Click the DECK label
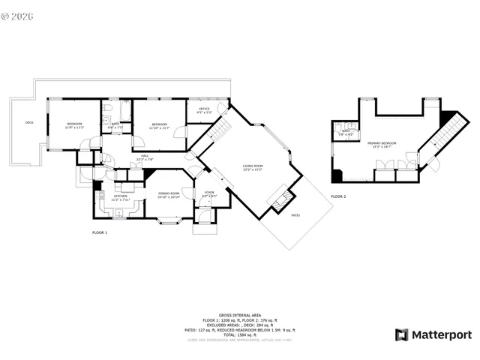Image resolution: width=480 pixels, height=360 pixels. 29,122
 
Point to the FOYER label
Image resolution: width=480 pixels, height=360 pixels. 209,193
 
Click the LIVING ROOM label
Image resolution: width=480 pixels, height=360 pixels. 253,166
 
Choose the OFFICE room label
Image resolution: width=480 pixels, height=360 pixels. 204,110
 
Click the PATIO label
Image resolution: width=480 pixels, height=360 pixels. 295,214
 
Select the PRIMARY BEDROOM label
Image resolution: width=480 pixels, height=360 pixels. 382,144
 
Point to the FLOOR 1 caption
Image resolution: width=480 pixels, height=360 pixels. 100,233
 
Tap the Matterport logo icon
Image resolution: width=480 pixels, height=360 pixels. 401,334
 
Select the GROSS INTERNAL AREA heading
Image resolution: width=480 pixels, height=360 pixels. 239,316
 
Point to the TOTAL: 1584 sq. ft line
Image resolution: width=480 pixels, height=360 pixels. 239,334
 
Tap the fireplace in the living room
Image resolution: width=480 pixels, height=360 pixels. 280,199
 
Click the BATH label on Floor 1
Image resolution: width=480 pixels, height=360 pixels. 115,125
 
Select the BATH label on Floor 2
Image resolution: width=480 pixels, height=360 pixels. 346,132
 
